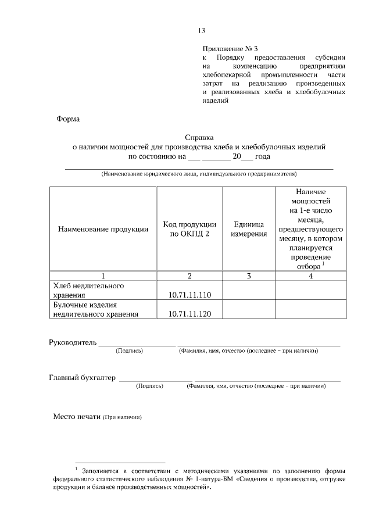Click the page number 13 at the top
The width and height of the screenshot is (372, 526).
pos(202,31)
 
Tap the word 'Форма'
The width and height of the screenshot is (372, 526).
pos(67,119)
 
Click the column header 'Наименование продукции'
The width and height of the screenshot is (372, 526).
pos(103,229)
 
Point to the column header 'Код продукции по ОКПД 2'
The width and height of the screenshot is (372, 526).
pos(189,229)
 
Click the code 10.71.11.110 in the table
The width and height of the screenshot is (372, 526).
pos(189,295)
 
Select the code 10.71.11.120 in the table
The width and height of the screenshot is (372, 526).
pos(189,314)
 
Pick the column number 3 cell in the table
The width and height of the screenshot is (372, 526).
pos(249,276)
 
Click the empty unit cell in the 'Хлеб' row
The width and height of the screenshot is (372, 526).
pos(249,291)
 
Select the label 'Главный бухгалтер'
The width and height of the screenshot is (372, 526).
pos(82,377)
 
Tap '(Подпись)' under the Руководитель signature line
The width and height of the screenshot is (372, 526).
pos(130,351)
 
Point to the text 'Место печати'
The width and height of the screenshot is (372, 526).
pos(77,417)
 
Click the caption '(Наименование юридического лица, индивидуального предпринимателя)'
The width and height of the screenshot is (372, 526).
pos(199,174)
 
